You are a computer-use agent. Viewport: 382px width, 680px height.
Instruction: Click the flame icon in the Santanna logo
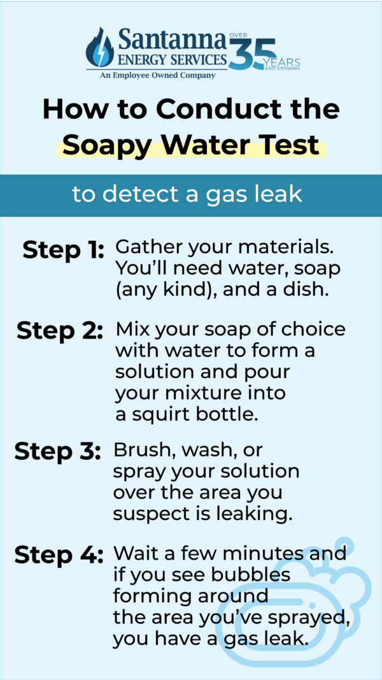pos(99,48)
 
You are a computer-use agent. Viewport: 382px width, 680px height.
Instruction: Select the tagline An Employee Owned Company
pos(157,75)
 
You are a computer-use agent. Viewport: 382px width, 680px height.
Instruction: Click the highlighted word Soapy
pos(103,145)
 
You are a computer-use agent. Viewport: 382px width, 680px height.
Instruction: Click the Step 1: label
pos(63,250)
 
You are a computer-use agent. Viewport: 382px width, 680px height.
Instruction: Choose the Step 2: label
pos(60,331)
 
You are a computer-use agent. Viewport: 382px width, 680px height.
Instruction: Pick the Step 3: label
pos(57,451)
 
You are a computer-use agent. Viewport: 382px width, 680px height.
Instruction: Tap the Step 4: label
pos(59,554)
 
